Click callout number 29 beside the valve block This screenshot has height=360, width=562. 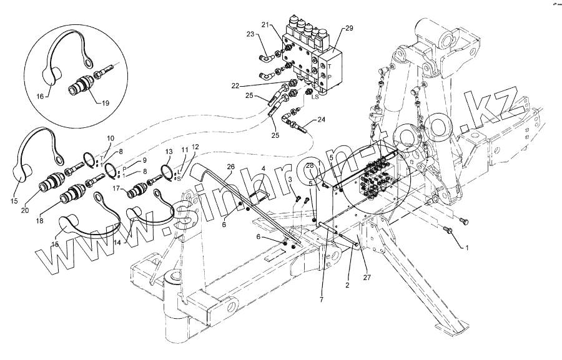348,29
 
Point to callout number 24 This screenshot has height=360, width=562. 321,119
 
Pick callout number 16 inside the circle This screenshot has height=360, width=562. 40,97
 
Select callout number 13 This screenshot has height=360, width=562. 168,152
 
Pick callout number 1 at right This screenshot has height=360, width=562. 465,248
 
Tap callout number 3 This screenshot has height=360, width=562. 290,180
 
